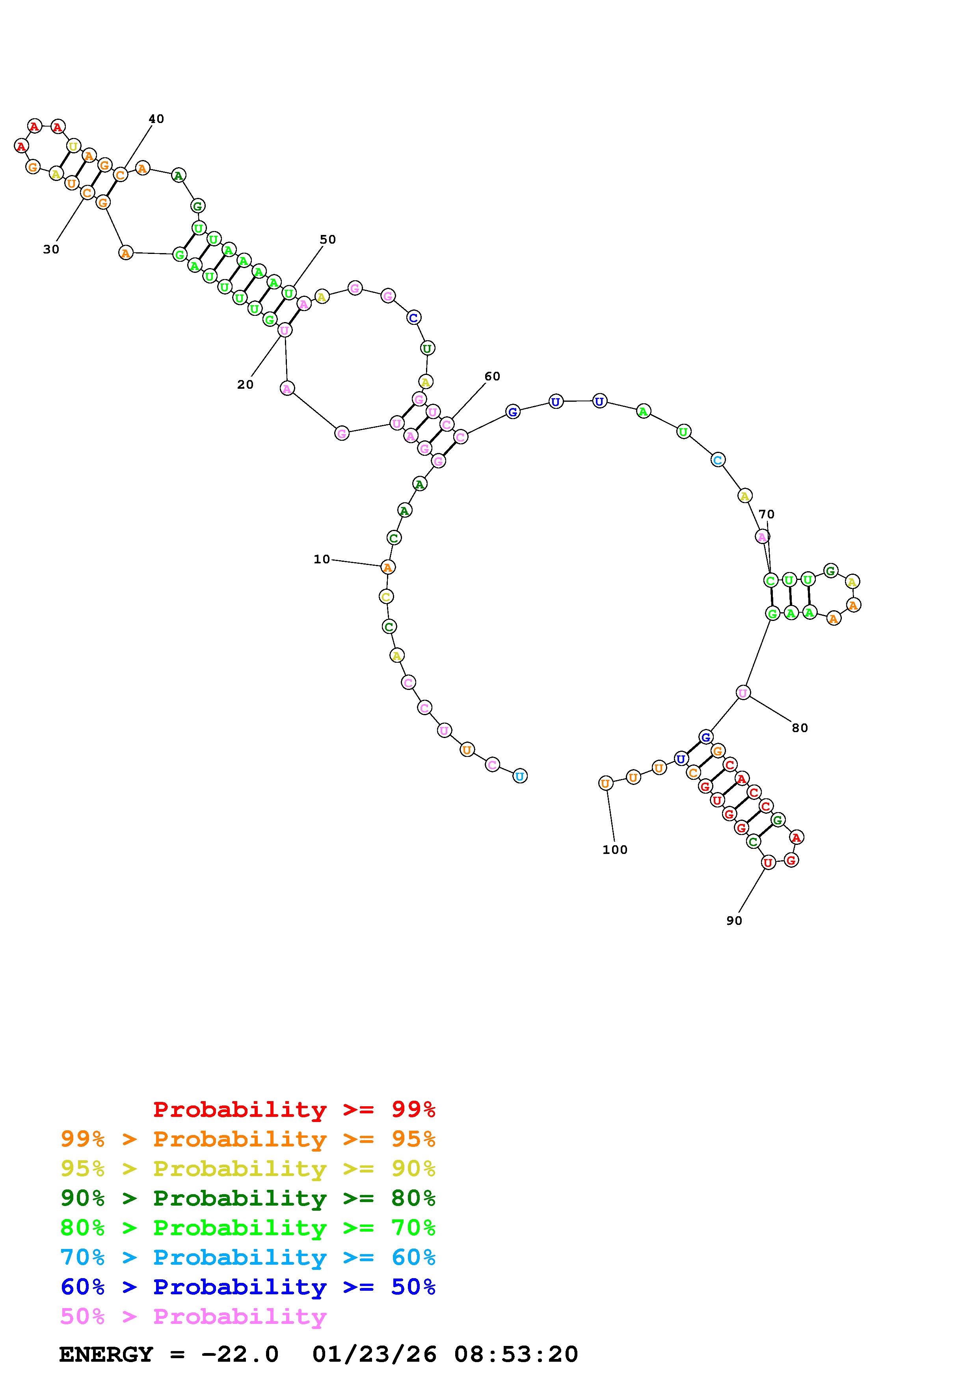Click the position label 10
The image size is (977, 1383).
322,559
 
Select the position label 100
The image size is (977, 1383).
614,850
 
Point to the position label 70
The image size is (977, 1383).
766,514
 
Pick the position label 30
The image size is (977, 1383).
51,250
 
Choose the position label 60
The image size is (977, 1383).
492,377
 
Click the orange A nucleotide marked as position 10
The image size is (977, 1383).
388,567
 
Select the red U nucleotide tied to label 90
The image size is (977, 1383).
767,863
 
